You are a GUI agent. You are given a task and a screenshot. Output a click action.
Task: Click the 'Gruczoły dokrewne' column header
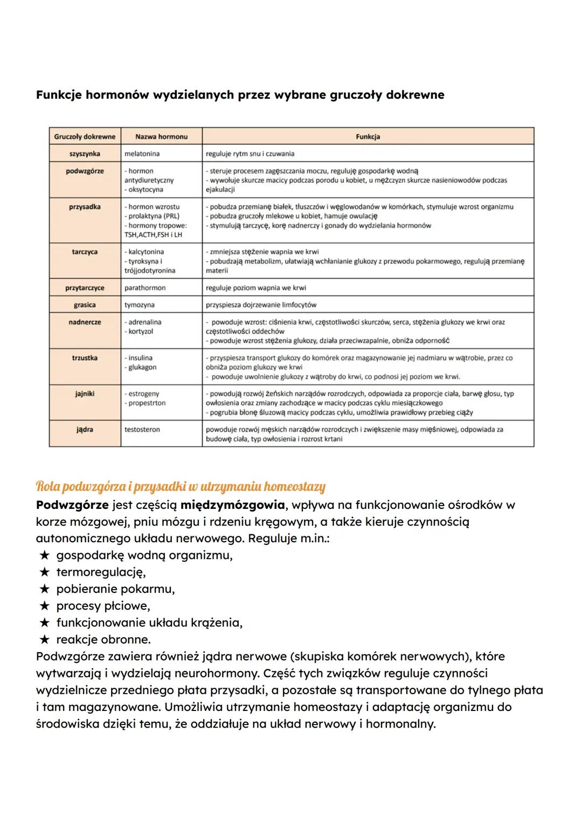[85, 136]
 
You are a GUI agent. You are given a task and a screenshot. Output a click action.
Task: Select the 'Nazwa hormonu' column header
[161, 136]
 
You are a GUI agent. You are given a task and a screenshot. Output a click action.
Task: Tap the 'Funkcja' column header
[368, 136]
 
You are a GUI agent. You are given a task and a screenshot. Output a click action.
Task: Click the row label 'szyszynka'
[85, 154]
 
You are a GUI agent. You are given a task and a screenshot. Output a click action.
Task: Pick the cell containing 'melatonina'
[142, 154]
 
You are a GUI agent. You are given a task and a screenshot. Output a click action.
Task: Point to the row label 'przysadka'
[85, 206]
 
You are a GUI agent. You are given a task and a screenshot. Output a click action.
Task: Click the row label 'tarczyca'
[85, 252]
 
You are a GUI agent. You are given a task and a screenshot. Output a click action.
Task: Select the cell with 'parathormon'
[145, 288]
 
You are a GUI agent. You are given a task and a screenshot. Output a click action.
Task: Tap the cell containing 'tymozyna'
[140, 305]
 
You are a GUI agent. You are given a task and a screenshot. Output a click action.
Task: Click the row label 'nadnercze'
[85, 322]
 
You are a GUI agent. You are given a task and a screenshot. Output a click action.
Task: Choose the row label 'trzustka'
[85, 358]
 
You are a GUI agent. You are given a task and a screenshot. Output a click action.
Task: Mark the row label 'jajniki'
[85, 393]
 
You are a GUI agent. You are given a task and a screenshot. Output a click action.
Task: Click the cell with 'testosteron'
[142, 430]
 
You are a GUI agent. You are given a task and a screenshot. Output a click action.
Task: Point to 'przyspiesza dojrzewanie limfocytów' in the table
[261, 305]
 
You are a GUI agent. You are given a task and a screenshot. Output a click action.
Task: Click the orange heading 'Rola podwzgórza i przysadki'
[181, 487]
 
